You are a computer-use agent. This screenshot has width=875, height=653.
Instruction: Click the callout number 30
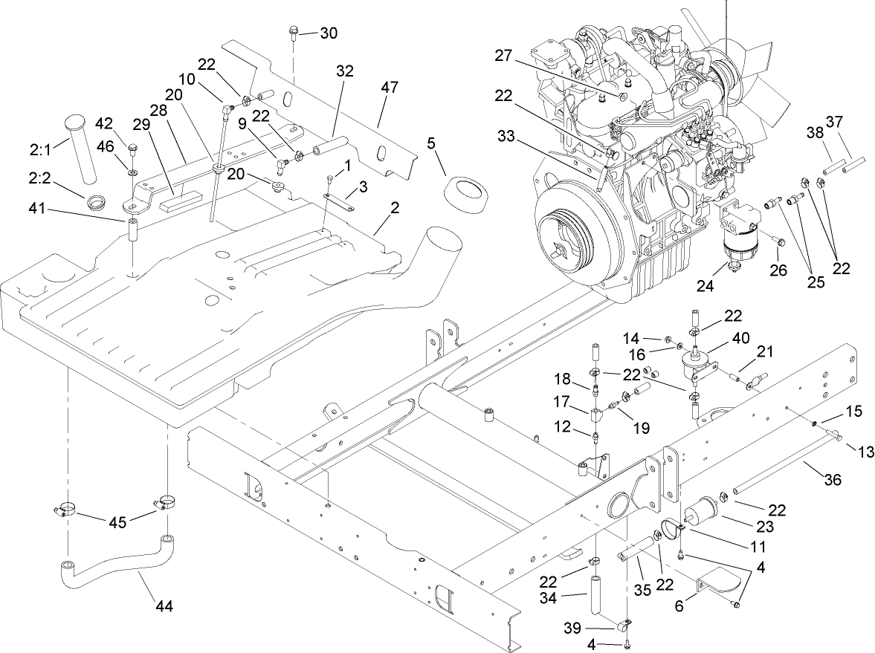pos(329,33)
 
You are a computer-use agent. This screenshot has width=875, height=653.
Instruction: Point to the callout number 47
pos(390,87)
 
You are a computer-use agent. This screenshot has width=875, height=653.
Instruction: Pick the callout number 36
pos(832,481)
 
